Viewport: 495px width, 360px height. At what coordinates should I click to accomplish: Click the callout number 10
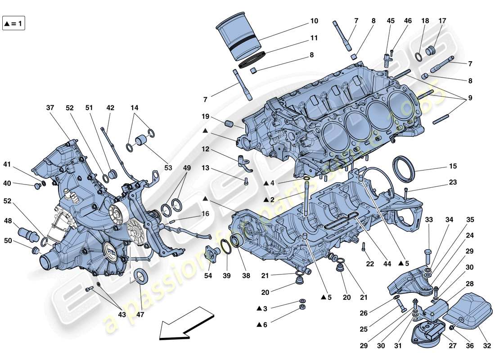(314, 21)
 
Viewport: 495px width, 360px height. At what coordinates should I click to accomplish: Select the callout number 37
(49, 108)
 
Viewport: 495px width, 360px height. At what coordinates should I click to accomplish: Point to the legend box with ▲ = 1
(13, 23)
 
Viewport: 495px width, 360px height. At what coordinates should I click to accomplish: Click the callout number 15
(452, 166)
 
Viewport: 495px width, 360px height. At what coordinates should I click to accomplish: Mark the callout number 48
(9, 221)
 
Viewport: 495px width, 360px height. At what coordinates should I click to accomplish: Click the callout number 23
(452, 183)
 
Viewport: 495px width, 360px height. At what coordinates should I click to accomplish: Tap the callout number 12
(206, 149)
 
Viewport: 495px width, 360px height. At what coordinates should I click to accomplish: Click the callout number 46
(408, 21)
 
